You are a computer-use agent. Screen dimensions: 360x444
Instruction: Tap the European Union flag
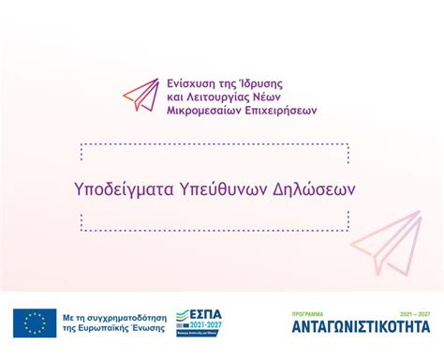point(34,323)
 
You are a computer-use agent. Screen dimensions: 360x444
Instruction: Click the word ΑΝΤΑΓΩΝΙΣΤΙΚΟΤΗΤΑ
point(361,327)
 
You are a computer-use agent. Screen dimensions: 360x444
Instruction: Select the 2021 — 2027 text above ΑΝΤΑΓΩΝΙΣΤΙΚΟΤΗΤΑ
point(414,313)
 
